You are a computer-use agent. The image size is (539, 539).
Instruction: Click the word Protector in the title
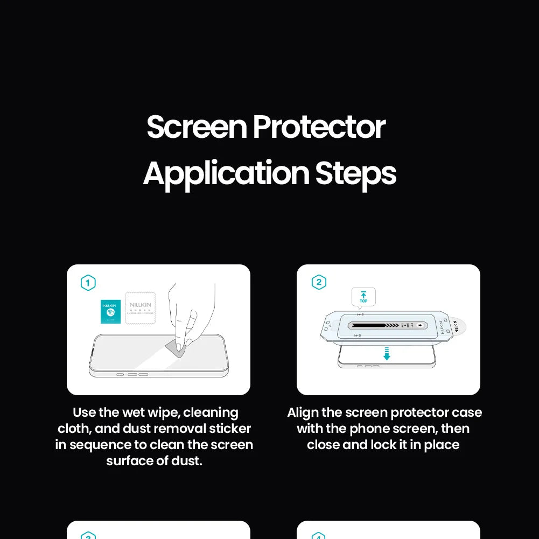pyautogui.click(x=319, y=128)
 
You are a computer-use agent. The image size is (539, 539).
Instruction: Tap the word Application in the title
pyautogui.click(x=226, y=174)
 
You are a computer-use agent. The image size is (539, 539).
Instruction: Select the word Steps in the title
pyautogui.click(x=355, y=174)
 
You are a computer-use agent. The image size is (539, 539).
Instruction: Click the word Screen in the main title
pyautogui.click(x=196, y=128)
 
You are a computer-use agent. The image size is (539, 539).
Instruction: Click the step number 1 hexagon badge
pyautogui.click(x=88, y=283)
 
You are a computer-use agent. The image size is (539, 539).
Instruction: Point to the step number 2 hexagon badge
pyautogui.click(x=319, y=282)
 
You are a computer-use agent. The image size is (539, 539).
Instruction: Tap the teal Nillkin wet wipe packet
pyautogui.click(x=110, y=312)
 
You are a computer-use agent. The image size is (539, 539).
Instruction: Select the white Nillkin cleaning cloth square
pyautogui.click(x=140, y=308)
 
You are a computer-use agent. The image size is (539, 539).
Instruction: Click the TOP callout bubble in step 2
pyautogui.click(x=363, y=297)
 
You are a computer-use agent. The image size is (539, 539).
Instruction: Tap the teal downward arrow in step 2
pyautogui.click(x=387, y=354)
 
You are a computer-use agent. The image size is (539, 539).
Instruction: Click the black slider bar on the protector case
pyautogui.click(x=372, y=325)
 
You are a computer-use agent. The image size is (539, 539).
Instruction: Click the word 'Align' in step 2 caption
pyautogui.click(x=303, y=412)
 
